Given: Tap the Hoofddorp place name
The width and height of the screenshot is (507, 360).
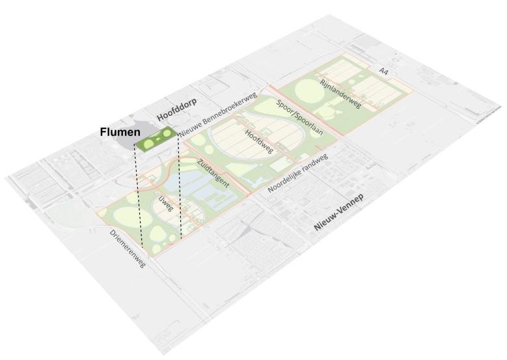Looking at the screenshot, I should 176,109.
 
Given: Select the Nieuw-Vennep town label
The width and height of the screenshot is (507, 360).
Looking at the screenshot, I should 338,213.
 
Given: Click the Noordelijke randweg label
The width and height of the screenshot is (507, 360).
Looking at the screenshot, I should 297,173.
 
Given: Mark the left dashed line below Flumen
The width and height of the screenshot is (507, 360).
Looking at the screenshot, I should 137,195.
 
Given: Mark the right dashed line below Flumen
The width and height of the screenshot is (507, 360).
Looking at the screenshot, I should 180,189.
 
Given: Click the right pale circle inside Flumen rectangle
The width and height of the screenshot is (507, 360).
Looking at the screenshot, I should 167,134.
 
